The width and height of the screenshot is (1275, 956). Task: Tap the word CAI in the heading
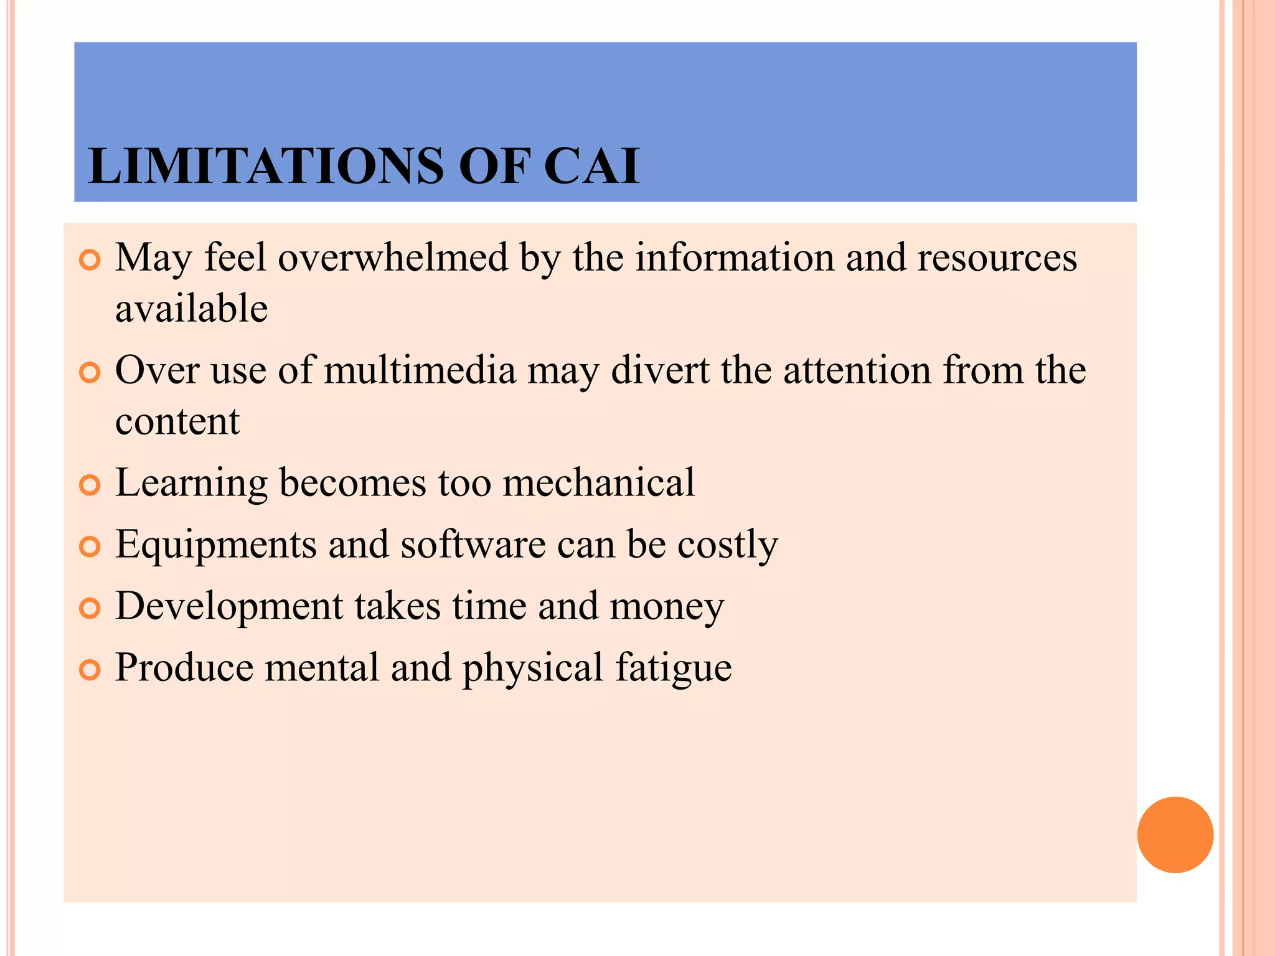(x=591, y=166)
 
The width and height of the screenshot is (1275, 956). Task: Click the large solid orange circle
(x=1175, y=835)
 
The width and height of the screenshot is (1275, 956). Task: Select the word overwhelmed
(x=393, y=258)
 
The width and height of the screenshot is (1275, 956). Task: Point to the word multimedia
(x=420, y=370)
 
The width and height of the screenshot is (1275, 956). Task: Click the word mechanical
(x=598, y=482)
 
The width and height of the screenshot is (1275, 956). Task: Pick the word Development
(x=229, y=607)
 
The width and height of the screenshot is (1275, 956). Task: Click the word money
(x=667, y=607)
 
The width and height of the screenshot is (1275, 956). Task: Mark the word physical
(x=533, y=668)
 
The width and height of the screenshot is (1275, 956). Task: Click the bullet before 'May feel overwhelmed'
(x=90, y=260)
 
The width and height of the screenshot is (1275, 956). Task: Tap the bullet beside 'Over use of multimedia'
(x=90, y=373)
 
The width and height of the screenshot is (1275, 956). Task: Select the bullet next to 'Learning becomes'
(x=90, y=485)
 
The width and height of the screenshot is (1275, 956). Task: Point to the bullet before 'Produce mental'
(x=90, y=670)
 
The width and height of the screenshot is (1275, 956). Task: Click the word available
(x=192, y=309)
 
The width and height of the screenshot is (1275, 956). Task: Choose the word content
(x=177, y=421)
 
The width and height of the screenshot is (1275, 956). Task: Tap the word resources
(x=997, y=258)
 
